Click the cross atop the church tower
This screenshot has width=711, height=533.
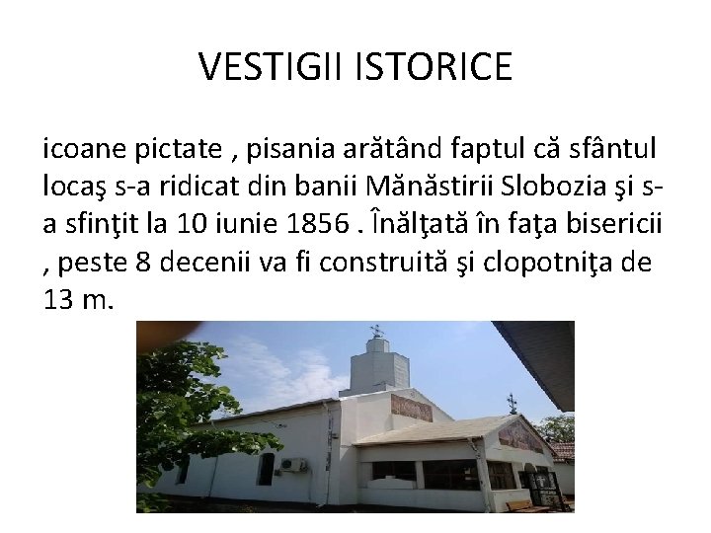375,331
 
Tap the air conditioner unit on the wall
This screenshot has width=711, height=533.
293,464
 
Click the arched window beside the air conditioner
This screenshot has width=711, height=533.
264,469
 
